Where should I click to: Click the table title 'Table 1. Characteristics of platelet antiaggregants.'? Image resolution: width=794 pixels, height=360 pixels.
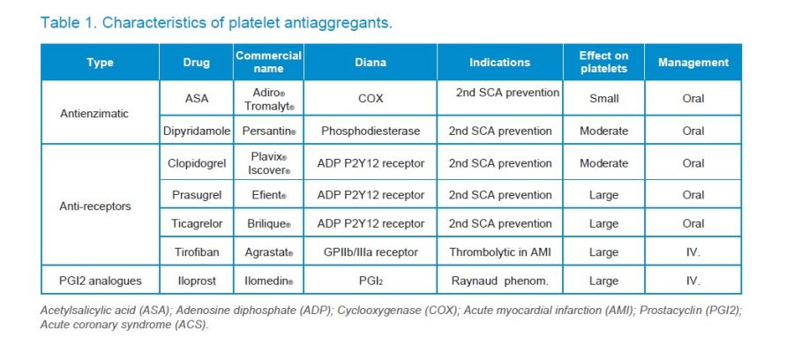[x=216, y=22]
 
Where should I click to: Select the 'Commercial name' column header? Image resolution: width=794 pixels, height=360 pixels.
[x=268, y=62]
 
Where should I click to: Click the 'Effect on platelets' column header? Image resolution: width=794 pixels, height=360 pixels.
[x=603, y=62]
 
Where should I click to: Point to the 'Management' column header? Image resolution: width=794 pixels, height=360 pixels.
[x=693, y=63]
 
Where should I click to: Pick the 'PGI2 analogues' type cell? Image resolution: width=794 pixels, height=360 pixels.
[x=99, y=281]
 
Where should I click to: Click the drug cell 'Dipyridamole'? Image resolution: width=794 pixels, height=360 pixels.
[x=197, y=131]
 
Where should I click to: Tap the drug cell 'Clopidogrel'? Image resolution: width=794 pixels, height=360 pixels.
[x=197, y=163]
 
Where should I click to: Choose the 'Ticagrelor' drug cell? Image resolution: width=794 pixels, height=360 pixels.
[x=197, y=224]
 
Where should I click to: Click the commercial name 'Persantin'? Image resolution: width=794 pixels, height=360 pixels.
[x=267, y=131]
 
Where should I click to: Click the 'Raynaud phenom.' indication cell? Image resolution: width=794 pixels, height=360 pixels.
[x=499, y=281]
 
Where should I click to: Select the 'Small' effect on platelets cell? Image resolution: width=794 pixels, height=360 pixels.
[x=603, y=98]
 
